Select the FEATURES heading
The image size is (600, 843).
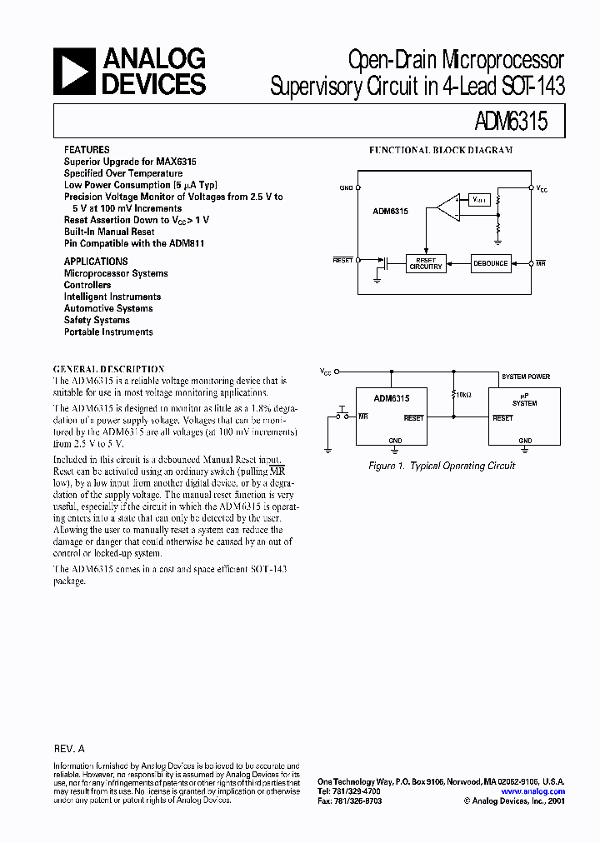pyautogui.click(x=86, y=149)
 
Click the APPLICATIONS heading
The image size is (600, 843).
pyautogui.click(x=94, y=262)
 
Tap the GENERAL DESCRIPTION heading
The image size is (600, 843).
pyautogui.click(x=108, y=368)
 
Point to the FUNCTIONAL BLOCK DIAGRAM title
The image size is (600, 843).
pyautogui.click(x=441, y=151)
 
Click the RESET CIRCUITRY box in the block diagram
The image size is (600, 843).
pyautogui.click(x=424, y=263)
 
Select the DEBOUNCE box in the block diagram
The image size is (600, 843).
pyautogui.click(x=490, y=263)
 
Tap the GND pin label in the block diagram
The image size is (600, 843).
pyautogui.click(x=346, y=189)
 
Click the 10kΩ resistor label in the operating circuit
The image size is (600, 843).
pyautogui.click(x=462, y=394)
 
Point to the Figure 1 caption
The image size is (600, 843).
pyautogui.click(x=442, y=466)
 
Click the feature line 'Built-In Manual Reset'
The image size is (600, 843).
pyautogui.click(x=109, y=232)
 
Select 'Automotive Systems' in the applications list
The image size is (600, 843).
pyautogui.click(x=108, y=308)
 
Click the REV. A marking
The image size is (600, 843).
pyautogui.click(x=69, y=750)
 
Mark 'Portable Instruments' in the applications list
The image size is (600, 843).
pyautogui.click(x=108, y=332)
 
